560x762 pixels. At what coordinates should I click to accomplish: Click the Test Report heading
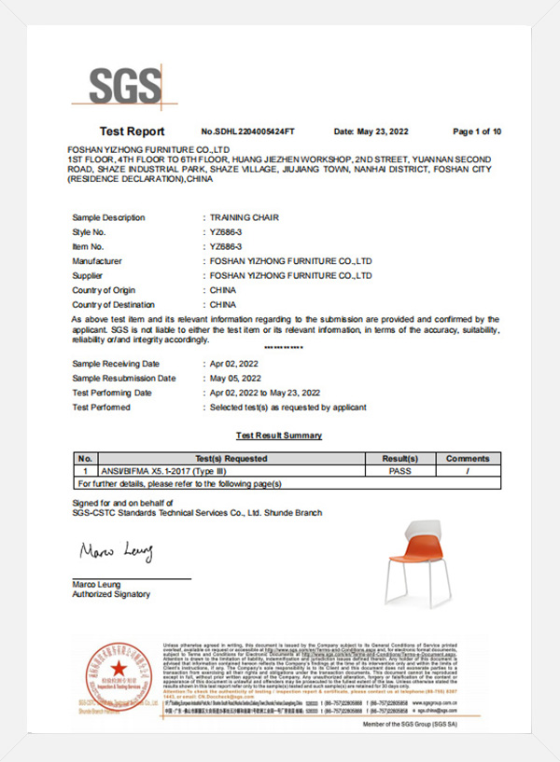[x=132, y=132]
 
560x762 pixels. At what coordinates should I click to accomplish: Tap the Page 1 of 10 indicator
[x=477, y=132]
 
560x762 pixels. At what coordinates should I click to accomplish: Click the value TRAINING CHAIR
[x=245, y=217]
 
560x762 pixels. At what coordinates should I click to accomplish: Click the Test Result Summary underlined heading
[x=279, y=436]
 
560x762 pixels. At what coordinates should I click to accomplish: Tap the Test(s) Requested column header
[x=230, y=459]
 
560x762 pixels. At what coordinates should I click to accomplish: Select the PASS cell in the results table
[x=399, y=472]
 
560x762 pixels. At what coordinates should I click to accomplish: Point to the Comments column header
[x=467, y=459]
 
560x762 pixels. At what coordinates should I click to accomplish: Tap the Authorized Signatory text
[x=110, y=594]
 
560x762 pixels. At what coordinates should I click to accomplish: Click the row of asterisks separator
[x=284, y=347]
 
